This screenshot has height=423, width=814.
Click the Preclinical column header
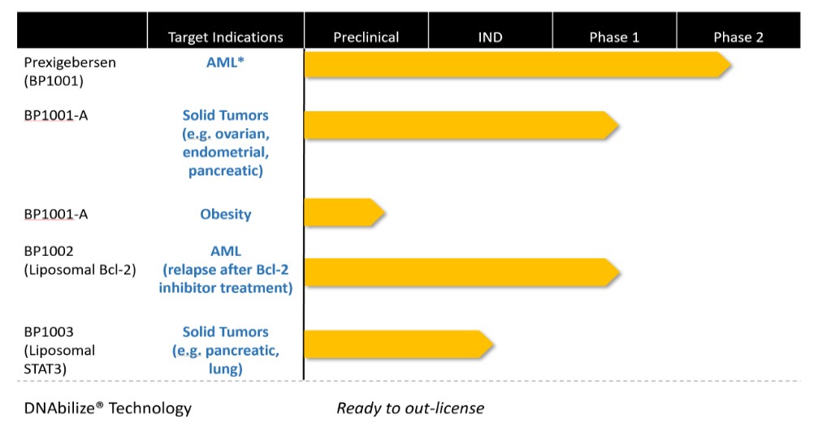[366, 37]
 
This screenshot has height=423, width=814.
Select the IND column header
[490, 37]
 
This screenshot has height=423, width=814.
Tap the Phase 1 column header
[614, 37]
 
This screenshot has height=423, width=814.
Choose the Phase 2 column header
[738, 37]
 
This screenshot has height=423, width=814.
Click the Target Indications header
[225, 37]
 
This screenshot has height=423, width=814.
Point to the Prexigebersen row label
[70, 63]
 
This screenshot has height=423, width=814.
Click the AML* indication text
[225, 63]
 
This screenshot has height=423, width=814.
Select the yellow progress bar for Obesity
[344, 212]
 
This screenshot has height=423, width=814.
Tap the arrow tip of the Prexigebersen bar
[731, 65]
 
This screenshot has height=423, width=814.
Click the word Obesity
[225, 214]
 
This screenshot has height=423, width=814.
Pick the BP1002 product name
[49, 251]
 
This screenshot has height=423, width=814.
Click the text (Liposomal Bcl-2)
[80, 270]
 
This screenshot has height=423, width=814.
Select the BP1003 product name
[49, 331]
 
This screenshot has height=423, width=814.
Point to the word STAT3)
[45, 369]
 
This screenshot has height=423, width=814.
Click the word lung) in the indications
[225, 369]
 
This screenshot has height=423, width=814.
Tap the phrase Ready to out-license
[410, 408]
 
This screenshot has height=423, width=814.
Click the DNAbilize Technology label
[107, 408]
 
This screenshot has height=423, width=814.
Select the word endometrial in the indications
[225, 152]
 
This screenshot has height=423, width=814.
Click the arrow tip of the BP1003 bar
[492, 344]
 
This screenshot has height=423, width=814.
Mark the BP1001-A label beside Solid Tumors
[55, 115]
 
